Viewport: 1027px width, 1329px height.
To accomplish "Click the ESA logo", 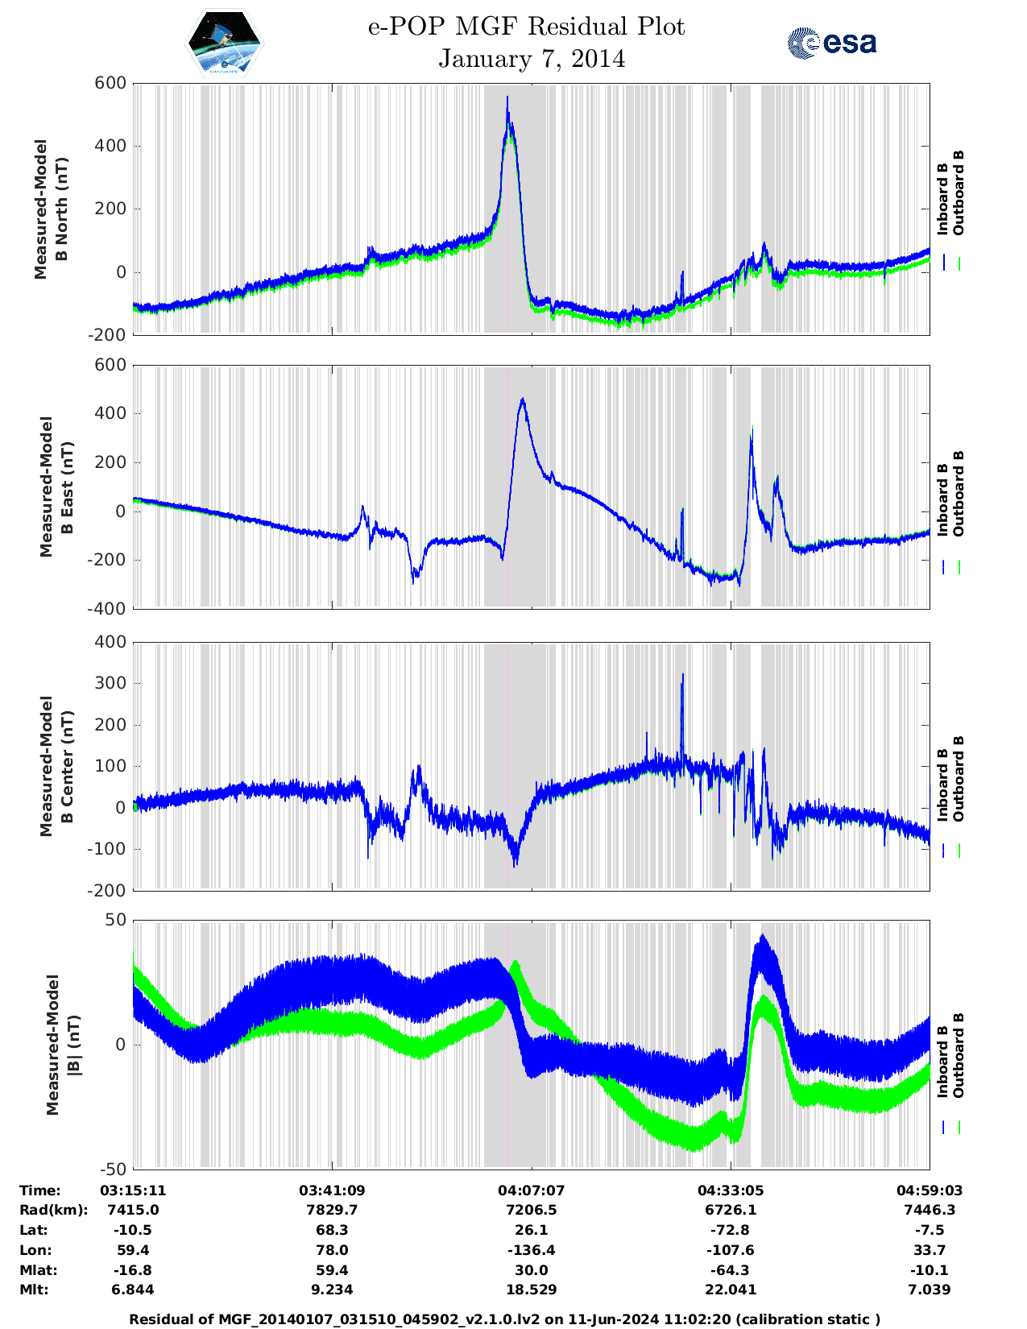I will tap(832, 43).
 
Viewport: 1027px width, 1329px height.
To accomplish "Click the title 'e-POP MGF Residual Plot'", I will tap(527, 27).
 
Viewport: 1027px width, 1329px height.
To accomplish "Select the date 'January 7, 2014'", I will tap(532, 60).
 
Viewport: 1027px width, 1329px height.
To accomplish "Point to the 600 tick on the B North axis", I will tap(110, 84).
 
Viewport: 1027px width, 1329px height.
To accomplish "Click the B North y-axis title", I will tap(51, 209).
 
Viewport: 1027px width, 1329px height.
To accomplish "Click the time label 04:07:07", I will tap(532, 1190).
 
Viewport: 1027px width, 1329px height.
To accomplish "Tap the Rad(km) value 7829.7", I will tap(332, 1210).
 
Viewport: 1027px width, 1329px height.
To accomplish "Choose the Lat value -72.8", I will tap(731, 1230).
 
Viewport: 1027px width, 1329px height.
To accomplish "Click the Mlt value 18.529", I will tap(532, 1290).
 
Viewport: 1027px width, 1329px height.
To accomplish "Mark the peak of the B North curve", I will tap(507, 97).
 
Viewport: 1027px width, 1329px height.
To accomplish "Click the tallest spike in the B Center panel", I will tap(683, 675).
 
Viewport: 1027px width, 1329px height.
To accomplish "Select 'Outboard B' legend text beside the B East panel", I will tap(959, 494).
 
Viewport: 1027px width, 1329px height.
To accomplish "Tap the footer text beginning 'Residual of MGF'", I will tap(505, 1319).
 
